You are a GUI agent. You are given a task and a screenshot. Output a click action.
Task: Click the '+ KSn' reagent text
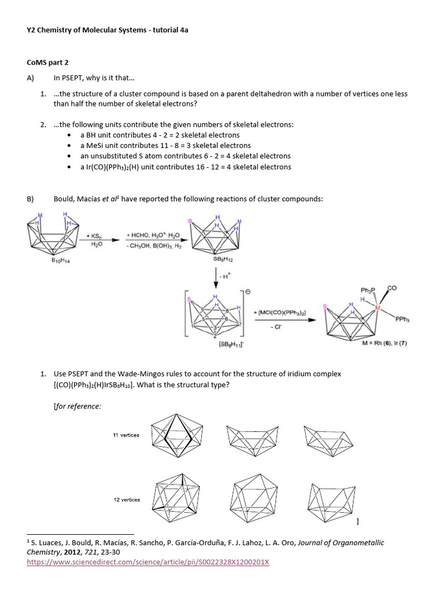[x=94, y=236]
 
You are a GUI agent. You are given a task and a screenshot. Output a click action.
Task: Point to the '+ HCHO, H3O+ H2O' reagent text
[x=153, y=236]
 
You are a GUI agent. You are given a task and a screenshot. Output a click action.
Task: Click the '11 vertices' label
[x=126, y=435]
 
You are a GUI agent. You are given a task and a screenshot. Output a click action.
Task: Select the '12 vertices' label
[x=126, y=499]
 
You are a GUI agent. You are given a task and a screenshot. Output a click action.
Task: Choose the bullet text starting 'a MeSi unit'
[x=165, y=146]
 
